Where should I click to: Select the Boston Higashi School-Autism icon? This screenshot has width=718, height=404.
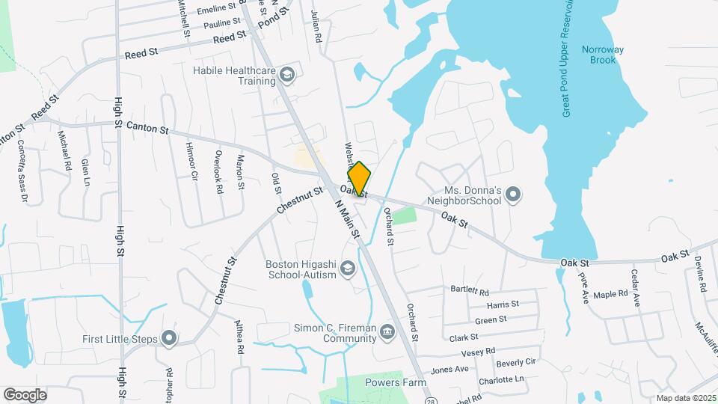[x=348, y=268]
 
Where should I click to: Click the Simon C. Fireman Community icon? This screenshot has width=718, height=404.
[x=387, y=332]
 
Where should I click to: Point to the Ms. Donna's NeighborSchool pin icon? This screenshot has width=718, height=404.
[x=512, y=195]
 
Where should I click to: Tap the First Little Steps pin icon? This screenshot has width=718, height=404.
[x=169, y=339]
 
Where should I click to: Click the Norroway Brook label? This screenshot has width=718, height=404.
[x=601, y=55]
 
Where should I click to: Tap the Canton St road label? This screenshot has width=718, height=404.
[x=147, y=129]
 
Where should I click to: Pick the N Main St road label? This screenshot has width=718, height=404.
[x=348, y=219]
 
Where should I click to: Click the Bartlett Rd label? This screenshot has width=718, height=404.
[x=470, y=290]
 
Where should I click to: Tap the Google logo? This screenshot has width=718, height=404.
[x=25, y=394]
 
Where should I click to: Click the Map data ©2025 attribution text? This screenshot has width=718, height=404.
[x=685, y=398]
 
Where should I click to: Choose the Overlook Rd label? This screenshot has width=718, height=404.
[x=218, y=172]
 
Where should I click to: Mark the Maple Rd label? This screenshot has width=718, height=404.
[x=610, y=294]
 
